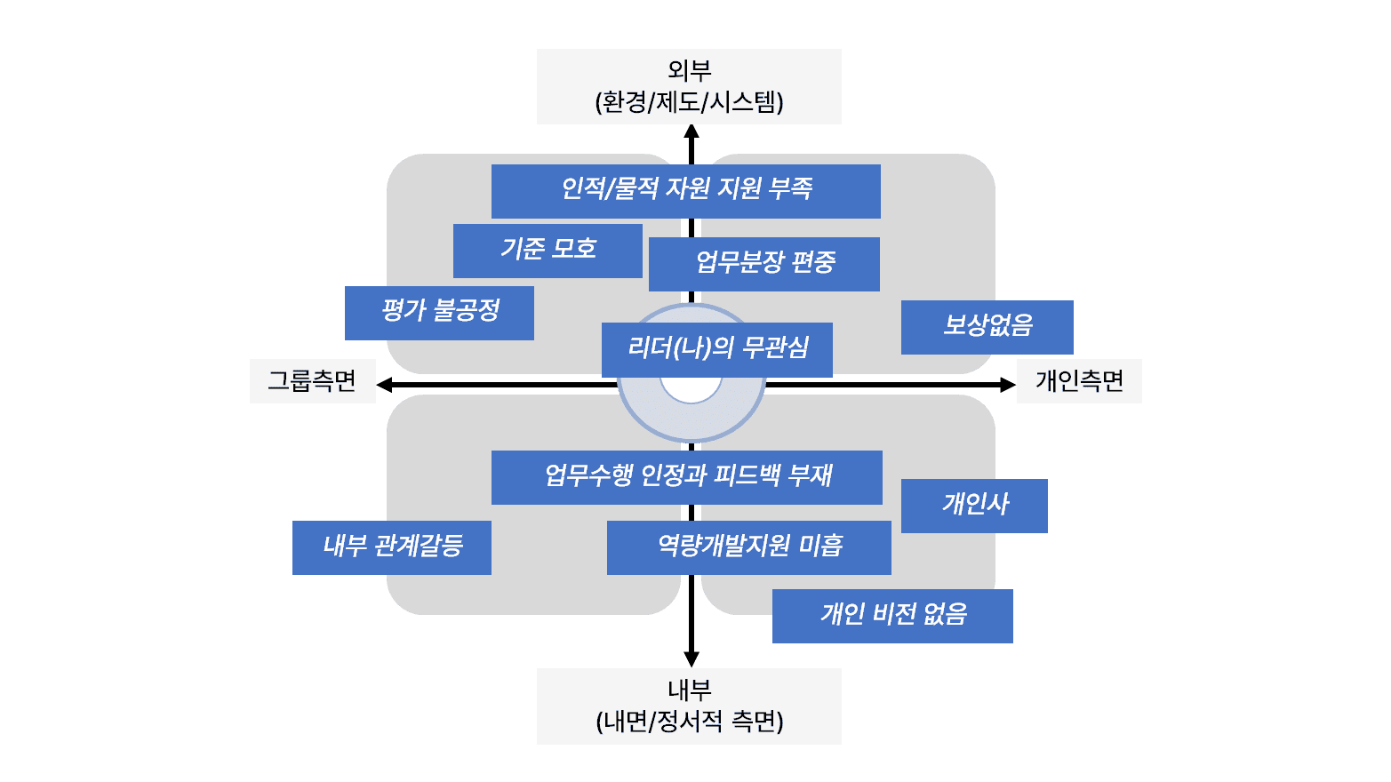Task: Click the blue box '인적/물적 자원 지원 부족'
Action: pyautogui.click(x=685, y=190)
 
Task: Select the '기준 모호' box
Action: pyautogui.click(x=548, y=250)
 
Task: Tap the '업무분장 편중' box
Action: pyautogui.click(x=764, y=263)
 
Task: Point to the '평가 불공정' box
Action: pyautogui.click(x=439, y=312)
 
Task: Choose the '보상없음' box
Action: pyautogui.click(x=987, y=326)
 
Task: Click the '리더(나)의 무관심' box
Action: pyautogui.click(x=716, y=348)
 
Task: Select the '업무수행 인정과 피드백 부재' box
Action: pyautogui.click(x=686, y=476)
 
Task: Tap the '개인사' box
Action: pyautogui.click(x=974, y=506)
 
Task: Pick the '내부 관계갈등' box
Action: pyautogui.click(x=391, y=547)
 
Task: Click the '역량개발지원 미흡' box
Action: pyautogui.click(x=748, y=547)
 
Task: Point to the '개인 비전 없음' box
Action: pyautogui.click(x=892, y=615)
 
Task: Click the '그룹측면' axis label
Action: pyautogui.click(x=312, y=381)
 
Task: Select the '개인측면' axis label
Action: pyautogui.click(x=1079, y=381)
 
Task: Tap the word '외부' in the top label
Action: pyautogui.click(x=689, y=70)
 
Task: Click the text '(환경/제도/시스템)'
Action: pyautogui.click(x=689, y=102)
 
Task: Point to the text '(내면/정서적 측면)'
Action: pyautogui.click(x=689, y=722)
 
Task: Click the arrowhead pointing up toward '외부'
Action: pyautogui.click(x=691, y=132)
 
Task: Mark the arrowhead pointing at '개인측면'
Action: pyautogui.click(x=1007, y=385)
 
